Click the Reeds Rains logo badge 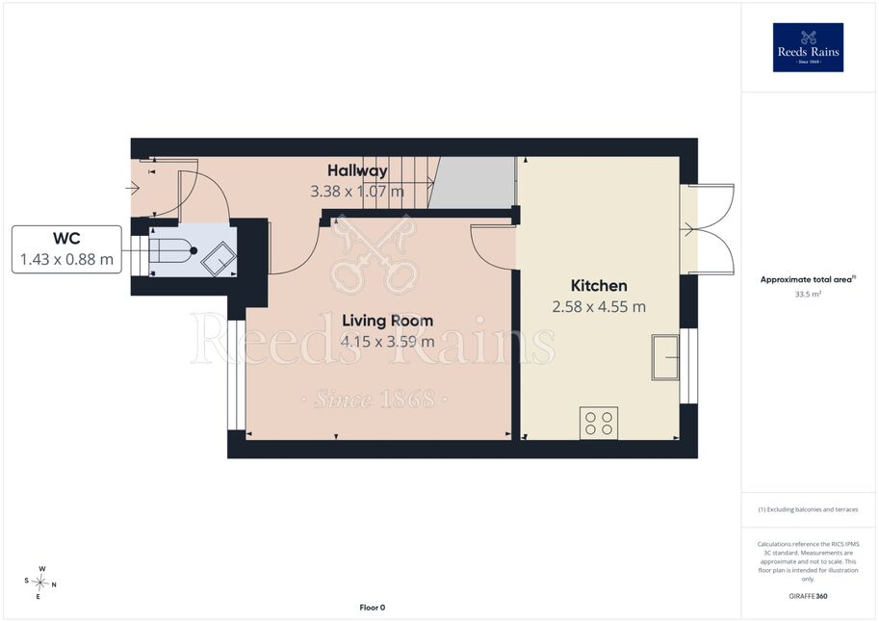point(808,47)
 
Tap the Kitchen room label point(599,285)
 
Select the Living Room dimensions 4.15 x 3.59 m point(387,341)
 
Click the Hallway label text point(357,169)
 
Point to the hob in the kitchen point(599,423)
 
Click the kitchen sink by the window point(665,357)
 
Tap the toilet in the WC point(171,250)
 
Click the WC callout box point(66,249)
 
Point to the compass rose point(40,583)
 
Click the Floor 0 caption point(373,608)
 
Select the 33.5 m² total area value point(808,294)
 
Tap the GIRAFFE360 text point(808,596)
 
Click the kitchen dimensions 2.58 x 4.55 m point(599,307)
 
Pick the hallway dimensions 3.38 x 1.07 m point(357,192)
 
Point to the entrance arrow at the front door point(134,188)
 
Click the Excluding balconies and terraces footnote point(808,509)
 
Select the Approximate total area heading point(808,279)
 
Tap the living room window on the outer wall point(237,376)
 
